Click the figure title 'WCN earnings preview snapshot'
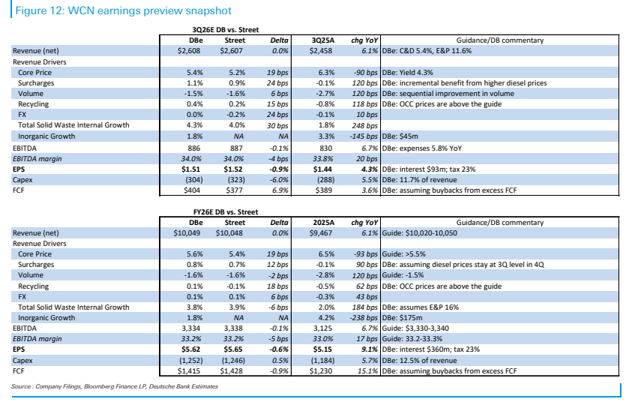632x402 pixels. (149, 10)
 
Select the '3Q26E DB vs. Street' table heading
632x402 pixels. (226, 30)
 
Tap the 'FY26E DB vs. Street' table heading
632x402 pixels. (226, 212)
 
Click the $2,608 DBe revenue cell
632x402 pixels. (189, 51)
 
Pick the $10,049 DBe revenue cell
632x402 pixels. (187, 233)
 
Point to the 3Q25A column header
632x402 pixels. (323, 40)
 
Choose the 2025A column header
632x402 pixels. (324, 223)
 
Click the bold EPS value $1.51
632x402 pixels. (190, 169)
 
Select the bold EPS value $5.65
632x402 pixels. (233, 349)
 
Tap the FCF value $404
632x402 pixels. (192, 190)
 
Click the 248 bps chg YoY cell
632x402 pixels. (365, 126)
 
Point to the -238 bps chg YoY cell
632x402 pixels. (364, 318)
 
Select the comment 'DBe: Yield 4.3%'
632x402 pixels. (408, 73)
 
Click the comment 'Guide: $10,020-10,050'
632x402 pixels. (420, 233)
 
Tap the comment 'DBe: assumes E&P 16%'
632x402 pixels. (421, 307)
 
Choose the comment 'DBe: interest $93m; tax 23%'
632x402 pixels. (429, 169)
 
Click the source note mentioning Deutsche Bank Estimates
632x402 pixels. (115, 386)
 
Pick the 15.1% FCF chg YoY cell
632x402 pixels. (367, 371)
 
